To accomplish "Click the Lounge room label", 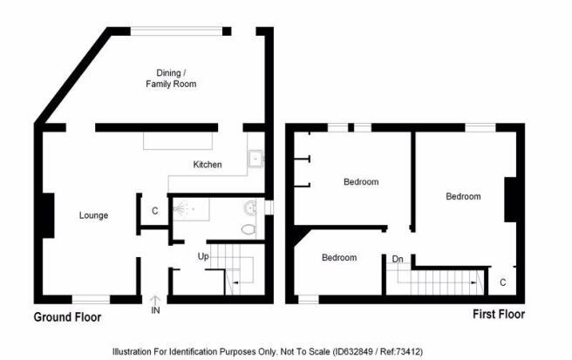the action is [93, 215].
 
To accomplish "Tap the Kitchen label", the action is [208, 165].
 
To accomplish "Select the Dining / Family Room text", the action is [171, 78].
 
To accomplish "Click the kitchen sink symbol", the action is [255, 159].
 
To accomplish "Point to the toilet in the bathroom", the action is [249, 229].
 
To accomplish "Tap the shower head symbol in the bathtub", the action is [180, 209].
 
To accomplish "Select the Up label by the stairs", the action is [203, 257].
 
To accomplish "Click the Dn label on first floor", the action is [398, 259].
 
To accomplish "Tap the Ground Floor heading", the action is [67, 317].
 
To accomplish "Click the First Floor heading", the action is [499, 314].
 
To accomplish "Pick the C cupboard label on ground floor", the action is [155, 211].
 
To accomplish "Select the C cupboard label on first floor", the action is [503, 282].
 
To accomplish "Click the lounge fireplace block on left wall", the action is [49, 215].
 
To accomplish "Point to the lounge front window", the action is [91, 300].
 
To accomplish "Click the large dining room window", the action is [176, 31].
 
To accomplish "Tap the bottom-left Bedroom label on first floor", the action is [339, 257].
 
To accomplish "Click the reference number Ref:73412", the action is [401, 351].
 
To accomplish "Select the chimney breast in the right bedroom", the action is [510, 200].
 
